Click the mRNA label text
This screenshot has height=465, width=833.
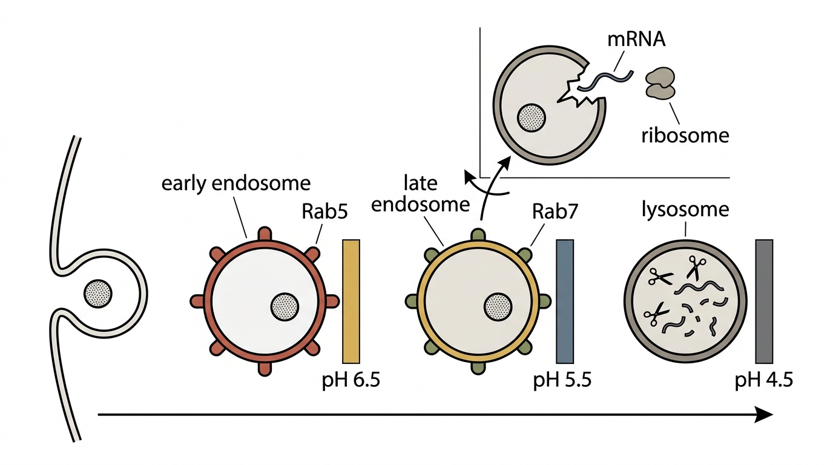[636, 40]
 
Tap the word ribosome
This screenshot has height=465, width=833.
[685, 136]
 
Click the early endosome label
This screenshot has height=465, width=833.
[235, 183]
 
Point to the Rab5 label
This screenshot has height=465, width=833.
[324, 212]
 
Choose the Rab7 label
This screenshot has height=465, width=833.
[555, 212]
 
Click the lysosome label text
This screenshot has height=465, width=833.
[685, 209]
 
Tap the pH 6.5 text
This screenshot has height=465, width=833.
[351, 380]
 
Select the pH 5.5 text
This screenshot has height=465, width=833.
[562, 380]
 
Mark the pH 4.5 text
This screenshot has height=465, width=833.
[764, 380]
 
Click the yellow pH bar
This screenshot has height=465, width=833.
[351, 302]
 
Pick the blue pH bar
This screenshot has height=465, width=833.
[564, 302]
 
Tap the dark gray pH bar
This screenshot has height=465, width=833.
[764, 302]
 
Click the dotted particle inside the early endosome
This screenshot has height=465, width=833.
[285, 307]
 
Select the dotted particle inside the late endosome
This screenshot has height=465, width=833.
[498, 307]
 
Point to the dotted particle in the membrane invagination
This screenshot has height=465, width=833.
[98, 294]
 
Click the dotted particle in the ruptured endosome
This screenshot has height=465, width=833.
[532, 117]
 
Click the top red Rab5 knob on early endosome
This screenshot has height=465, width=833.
[265, 234]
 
